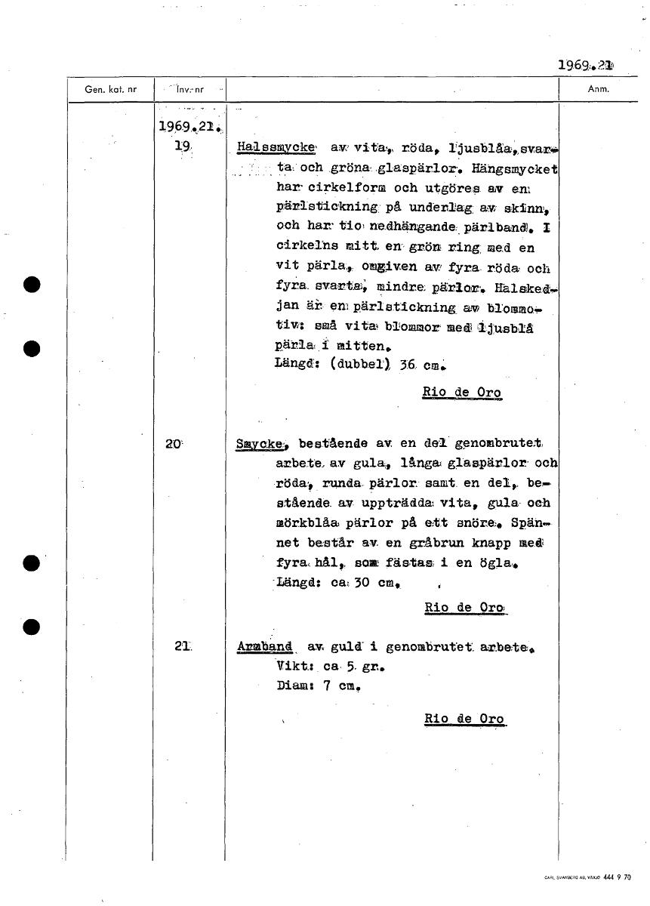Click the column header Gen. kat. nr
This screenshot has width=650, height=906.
[111, 89]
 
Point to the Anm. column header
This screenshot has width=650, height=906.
[597, 89]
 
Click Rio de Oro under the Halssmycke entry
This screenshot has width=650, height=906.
[462, 393]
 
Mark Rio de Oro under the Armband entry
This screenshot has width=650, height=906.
[464, 719]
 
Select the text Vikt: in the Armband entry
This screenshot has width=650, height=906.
[296, 667]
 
